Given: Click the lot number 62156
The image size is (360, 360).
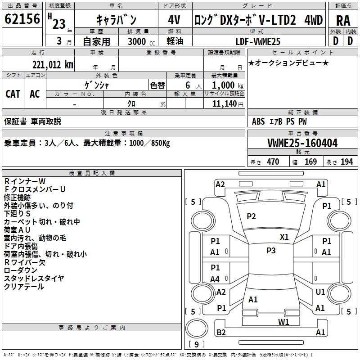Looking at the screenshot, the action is tap(22, 19).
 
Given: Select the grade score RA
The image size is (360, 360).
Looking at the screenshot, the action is tap(343, 20).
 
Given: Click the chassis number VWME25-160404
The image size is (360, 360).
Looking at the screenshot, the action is tap(302, 144).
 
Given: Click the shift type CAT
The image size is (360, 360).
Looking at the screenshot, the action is tap(13, 94).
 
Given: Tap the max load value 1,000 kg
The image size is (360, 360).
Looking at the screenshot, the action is tap(225, 85).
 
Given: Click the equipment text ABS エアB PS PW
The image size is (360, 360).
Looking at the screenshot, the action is tap(279, 121).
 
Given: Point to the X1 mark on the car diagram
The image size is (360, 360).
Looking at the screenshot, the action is tap(284, 237).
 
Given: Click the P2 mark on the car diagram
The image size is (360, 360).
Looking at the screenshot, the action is tap(251, 216).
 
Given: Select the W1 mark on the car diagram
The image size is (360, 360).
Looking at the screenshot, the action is tap(283, 322).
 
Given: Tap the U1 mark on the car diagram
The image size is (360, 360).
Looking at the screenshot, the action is tap(320, 292).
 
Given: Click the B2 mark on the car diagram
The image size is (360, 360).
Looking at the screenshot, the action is tap(221, 333).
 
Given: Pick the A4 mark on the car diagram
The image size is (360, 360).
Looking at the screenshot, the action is tap(215, 279).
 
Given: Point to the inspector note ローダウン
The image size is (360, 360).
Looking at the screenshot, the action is tap(21, 270).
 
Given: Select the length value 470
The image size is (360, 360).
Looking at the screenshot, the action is tap(273, 162).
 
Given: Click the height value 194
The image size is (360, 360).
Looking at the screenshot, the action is tap(346, 162).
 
